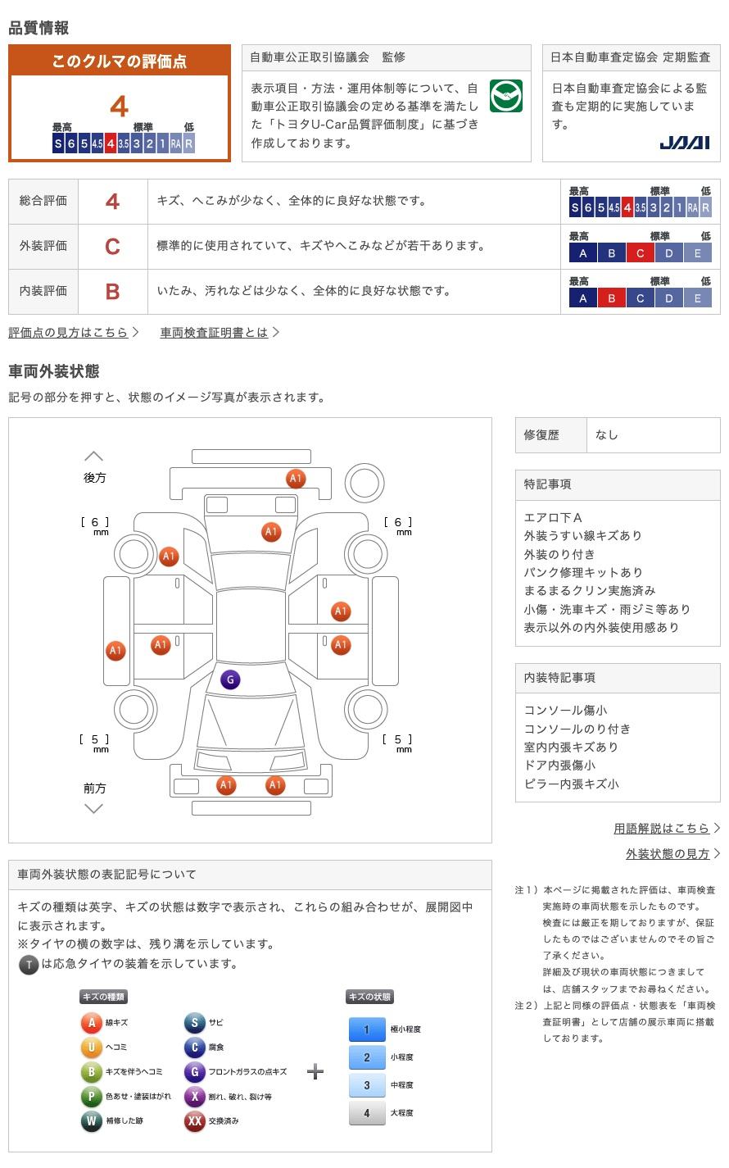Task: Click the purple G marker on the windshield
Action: coord(230,679)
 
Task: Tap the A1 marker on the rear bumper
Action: coord(296,479)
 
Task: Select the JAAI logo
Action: coord(684,143)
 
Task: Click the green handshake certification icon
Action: coord(506,97)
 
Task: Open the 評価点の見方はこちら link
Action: coord(69,332)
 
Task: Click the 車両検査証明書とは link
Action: coord(214,332)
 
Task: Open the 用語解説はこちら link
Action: coord(661,828)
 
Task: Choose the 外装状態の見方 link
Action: coord(668,853)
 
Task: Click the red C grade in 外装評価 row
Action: coord(113,246)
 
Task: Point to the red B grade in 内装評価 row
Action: coord(113,291)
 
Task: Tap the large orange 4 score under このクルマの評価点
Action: coord(120,107)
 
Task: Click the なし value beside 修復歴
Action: coord(607,435)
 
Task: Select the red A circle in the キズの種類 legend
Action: coord(92,1022)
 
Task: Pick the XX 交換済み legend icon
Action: coord(194,1120)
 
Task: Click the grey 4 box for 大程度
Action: coord(367,1113)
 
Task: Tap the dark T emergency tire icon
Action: coord(29,965)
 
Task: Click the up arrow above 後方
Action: coord(94,456)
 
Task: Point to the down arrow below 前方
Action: coord(94,809)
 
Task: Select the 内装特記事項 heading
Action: coord(559,678)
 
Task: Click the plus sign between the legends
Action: coord(315,1071)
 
